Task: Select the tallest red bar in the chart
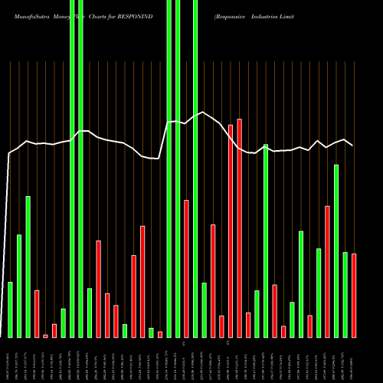(x=239, y=228)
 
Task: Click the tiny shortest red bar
(x=45, y=336)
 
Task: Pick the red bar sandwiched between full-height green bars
(x=186, y=268)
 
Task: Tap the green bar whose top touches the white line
(x=266, y=241)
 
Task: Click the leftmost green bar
(x=10, y=309)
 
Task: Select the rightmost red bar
(x=354, y=295)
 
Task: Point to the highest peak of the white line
(x=204, y=113)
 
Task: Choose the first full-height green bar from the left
(x=72, y=169)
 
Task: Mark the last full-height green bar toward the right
(x=195, y=169)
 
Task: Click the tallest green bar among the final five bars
(x=336, y=250)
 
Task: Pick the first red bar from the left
(x=37, y=313)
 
